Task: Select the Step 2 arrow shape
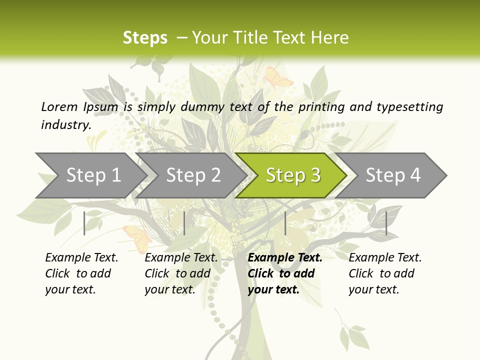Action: [193, 175]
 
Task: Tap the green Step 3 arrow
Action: [293, 175]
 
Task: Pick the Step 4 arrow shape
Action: [393, 175]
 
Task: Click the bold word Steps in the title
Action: [145, 38]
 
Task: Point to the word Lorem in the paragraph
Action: [59, 106]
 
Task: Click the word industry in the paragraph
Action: [65, 124]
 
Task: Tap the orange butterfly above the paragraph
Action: [277, 77]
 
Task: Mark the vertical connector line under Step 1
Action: [84, 223]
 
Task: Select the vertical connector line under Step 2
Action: [184, 223]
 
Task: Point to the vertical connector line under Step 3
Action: [285, 223]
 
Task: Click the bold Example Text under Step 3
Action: [285, 258]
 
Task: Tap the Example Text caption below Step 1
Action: [81, 258]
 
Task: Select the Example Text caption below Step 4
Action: [385, 258]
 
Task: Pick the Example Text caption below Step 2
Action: [181, 258]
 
